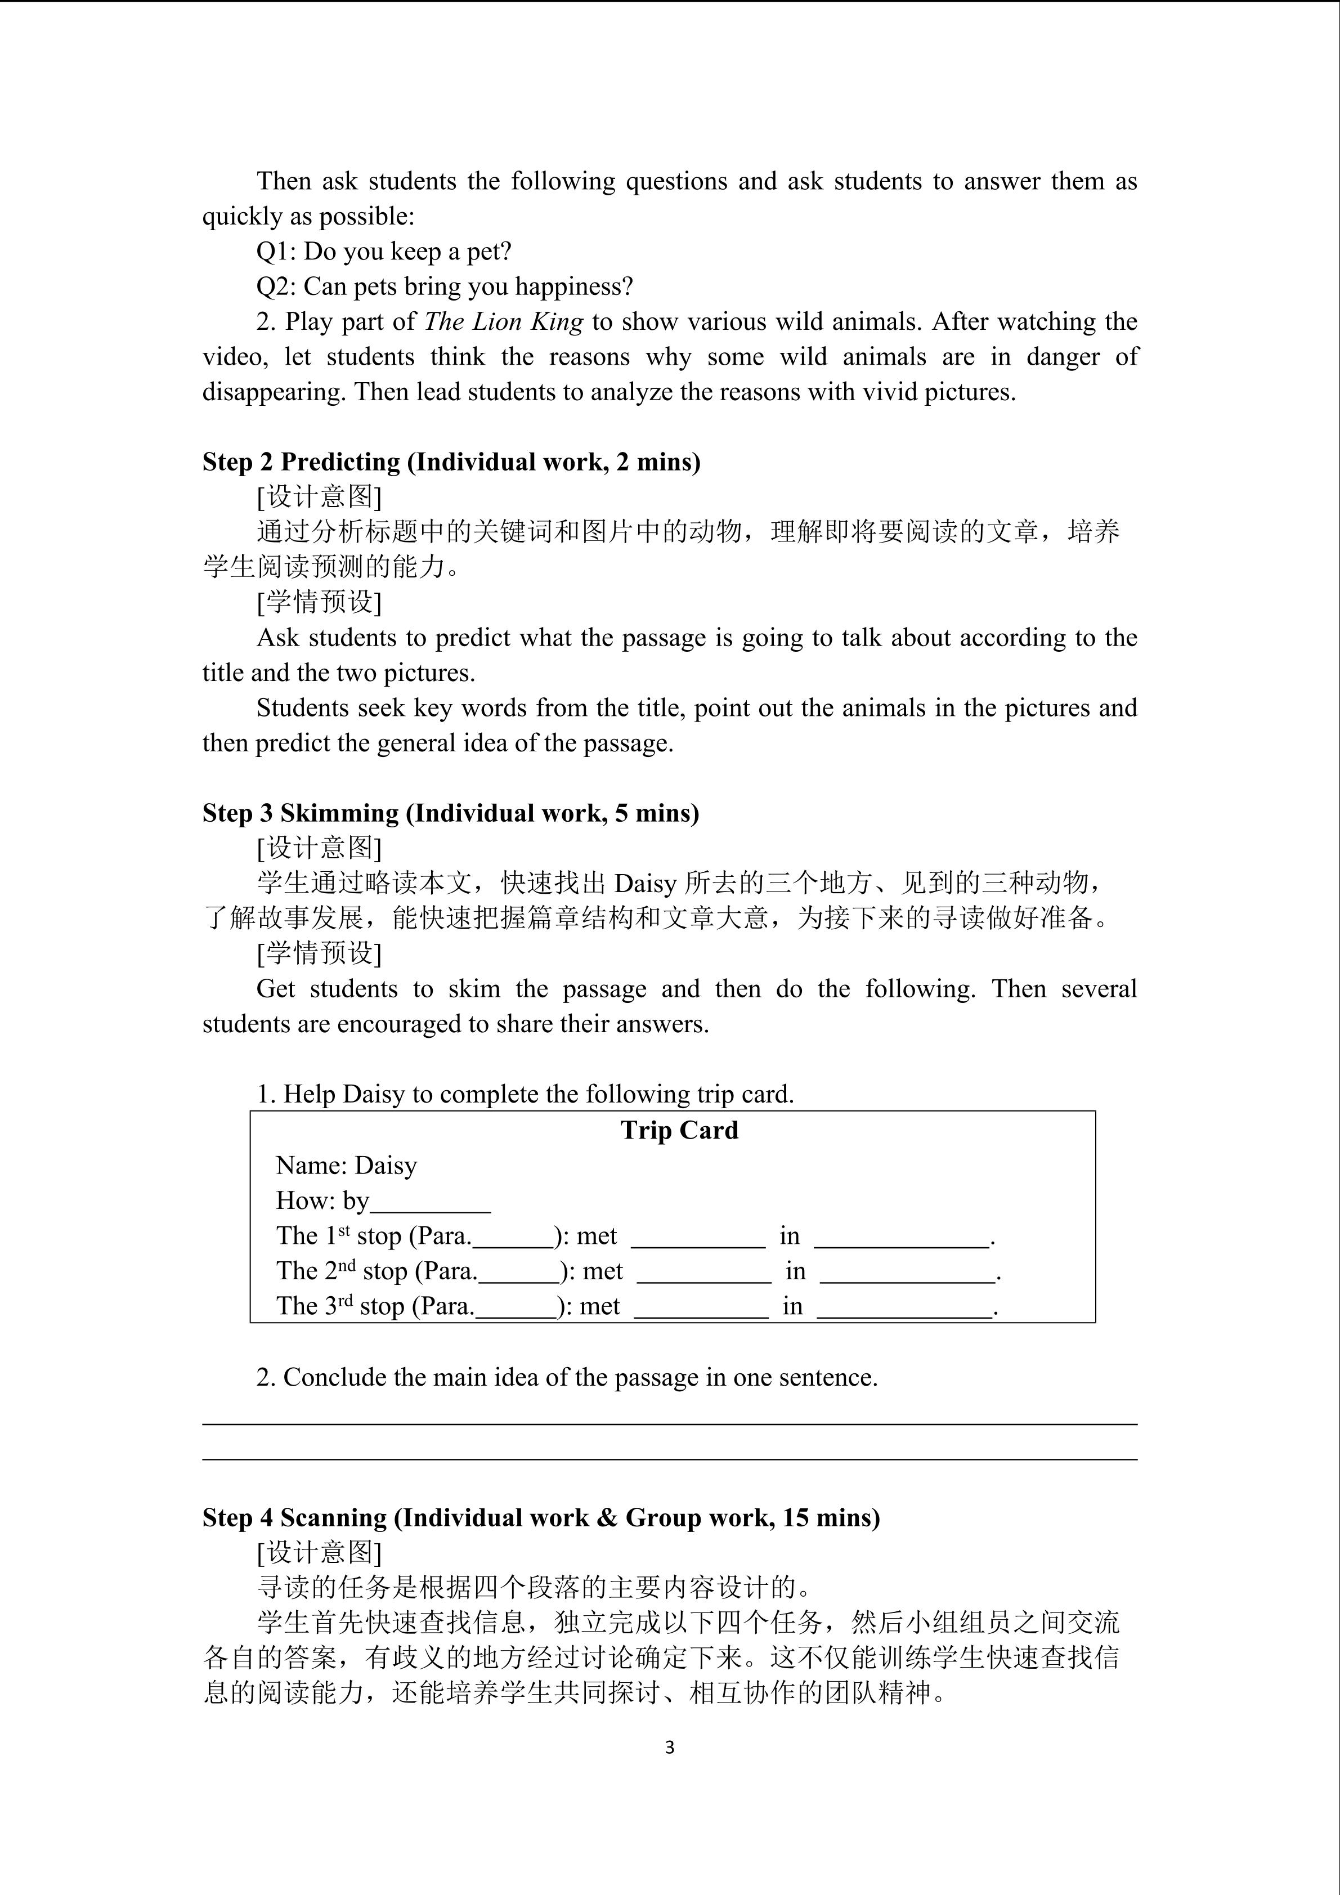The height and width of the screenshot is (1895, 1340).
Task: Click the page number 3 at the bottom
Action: click(669, 1748)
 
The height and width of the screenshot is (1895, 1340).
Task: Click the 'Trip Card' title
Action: click(679, 1130)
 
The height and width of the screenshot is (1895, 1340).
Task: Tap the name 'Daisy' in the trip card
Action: click(386, 1166)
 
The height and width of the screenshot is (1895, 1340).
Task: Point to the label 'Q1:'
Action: click(277, 252)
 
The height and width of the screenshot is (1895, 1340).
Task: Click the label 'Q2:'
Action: click(277, 287)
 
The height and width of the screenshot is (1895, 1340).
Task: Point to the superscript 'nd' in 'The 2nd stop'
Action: click(347, 1265)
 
